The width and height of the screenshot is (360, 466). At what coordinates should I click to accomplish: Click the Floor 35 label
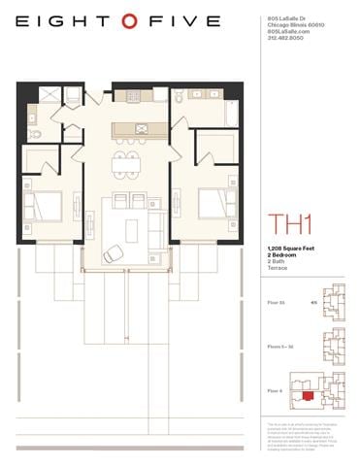coord(276,302)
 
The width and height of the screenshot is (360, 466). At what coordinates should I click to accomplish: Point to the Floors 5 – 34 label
coord(279,346)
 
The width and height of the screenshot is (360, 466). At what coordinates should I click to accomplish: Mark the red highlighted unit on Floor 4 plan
coord(309,396)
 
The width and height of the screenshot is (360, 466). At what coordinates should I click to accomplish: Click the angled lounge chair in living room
coord(114,253)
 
